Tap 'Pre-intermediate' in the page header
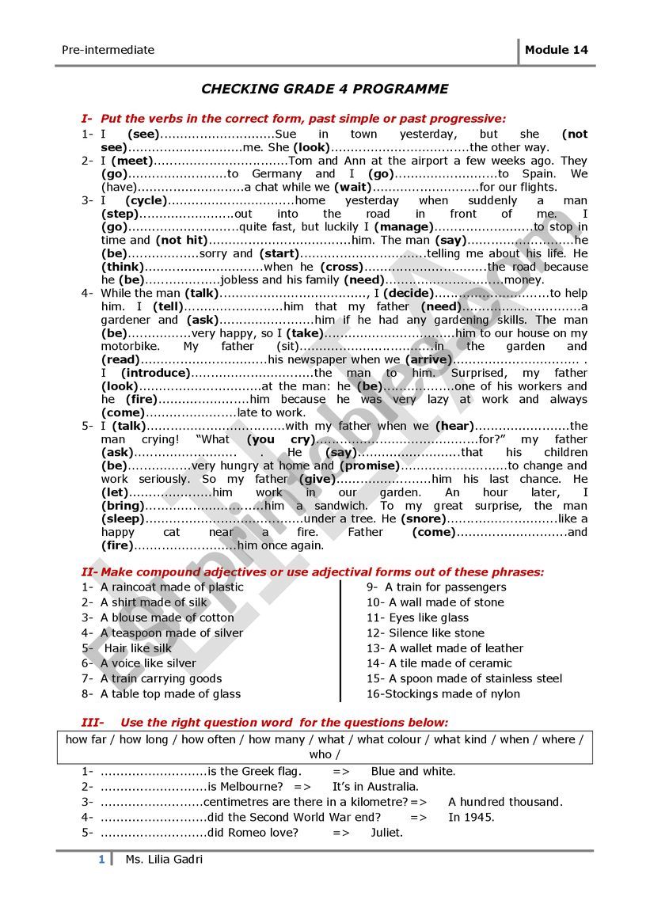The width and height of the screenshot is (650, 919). pos(108,50)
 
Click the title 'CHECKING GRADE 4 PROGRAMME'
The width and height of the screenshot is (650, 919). pos(325,89)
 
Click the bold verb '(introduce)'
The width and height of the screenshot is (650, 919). pos(156,373)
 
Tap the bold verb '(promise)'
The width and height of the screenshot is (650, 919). pos(371,465)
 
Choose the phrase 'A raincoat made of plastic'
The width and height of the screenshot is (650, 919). pos(172,587)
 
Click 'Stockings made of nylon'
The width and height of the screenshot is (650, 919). pos(454,694)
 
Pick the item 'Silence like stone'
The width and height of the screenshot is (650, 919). pos(436,633)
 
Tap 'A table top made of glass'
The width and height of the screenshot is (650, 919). pos(170,694)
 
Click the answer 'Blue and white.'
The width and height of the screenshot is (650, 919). pos(413,771)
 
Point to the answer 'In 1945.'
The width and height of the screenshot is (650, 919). pos(471,817)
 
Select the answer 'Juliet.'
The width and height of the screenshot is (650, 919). pos(386,832)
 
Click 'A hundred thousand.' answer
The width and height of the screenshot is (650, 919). pos(505,802)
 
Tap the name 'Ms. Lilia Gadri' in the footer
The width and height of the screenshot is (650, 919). pos(164,860)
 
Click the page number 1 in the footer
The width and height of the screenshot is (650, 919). pos(101,860)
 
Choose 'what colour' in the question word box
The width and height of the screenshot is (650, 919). pos(388,739)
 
